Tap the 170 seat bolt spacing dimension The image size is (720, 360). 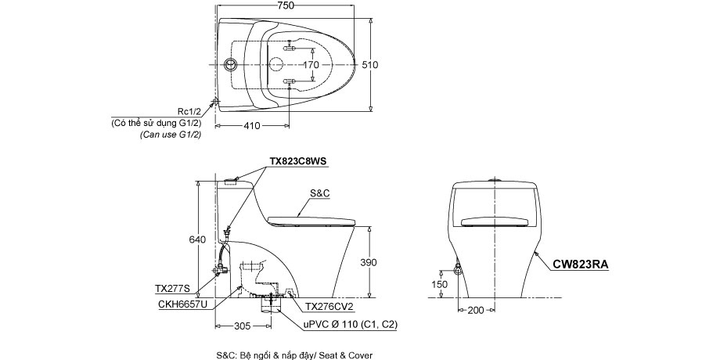click(x=311, y=65)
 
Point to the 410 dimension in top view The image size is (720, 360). click(x=250, y=125)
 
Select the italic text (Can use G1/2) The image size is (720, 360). click(x=171, y=135)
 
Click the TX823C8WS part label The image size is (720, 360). click(x=298, y=161)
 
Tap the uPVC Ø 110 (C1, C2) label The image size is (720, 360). click(x=351, y=322)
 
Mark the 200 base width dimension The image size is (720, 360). click(x=475, y=311)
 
